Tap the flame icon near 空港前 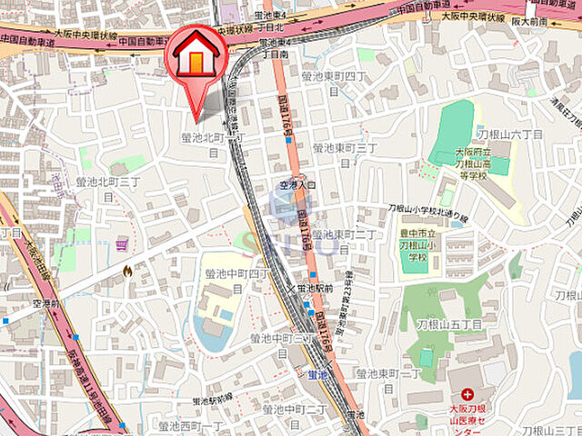(x=127, y=270)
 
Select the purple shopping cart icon (x=122, y=245)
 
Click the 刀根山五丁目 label (x=449, y=324)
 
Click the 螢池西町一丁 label (x=190, y=425)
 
